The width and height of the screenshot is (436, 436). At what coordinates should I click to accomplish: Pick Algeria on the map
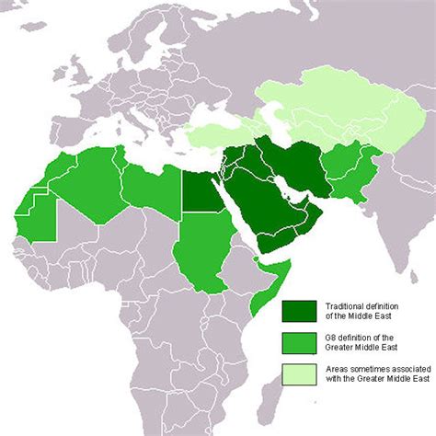point(87,179)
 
